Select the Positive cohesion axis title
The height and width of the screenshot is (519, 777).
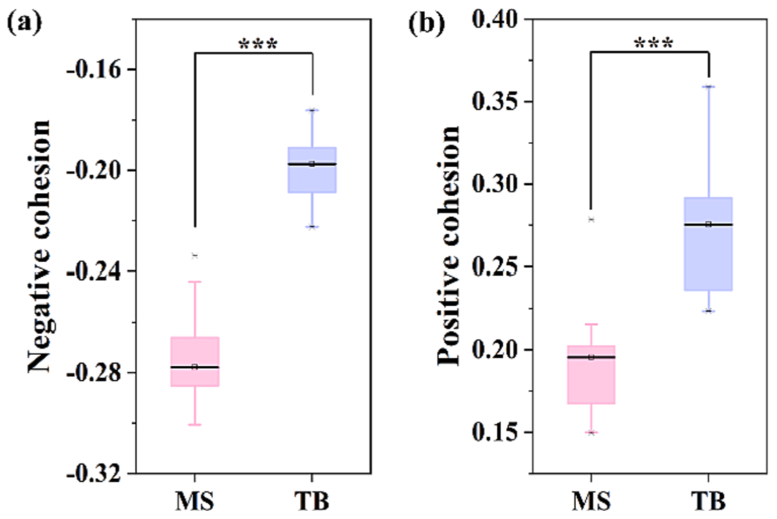coord(448,245)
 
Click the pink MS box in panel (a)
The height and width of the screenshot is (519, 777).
coord(195,362)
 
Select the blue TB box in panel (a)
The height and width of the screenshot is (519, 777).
coord(312,170)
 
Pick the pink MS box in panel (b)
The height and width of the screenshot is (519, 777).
coord(591,375)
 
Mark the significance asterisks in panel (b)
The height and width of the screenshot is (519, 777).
coord(654,44)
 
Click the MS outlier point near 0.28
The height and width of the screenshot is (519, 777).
coord(591,220)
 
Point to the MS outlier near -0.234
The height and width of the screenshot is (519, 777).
coord(195,256)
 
